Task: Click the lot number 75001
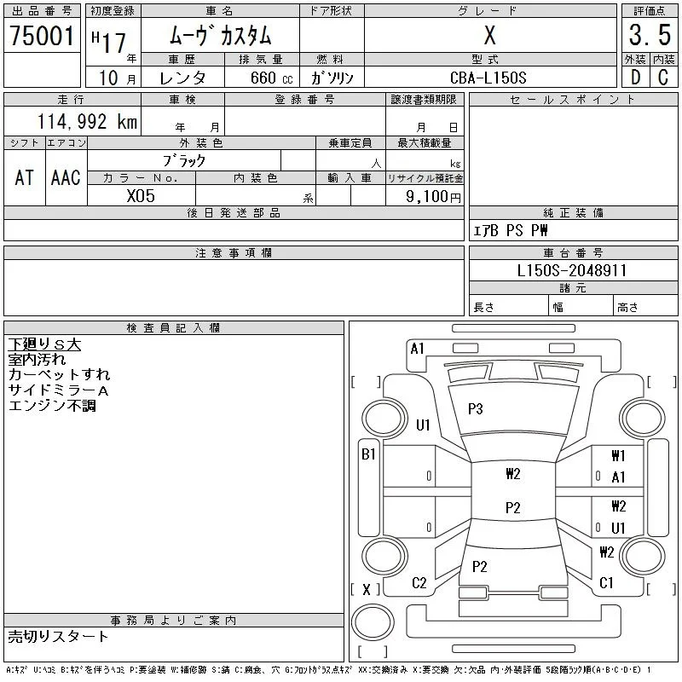(x=42, y=35)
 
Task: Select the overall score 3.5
(x=650, y=35)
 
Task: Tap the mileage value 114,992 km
(x=88, y=121)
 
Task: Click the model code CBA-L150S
(x=488, y=78)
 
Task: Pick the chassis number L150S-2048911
(x=572, y=270)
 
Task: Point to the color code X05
(x=141, y=196)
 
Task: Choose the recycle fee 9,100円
(x=433, y=197)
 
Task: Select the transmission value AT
(x=25, y=177)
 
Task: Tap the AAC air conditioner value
(x=66, y=177)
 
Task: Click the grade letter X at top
(x=489, y=35)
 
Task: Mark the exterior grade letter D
(x=635, y=78)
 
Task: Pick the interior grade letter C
(x=663, y=78)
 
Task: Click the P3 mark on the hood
(x=476, y=409)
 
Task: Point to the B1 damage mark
(x=368, y=454)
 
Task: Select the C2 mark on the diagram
(x=419, y=583)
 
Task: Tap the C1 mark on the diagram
(x=606, y=583)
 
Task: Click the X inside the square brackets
(x=367, y=590)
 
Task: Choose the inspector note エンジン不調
(x=52, y=406)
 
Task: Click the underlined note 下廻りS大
(x=44, y=344)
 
